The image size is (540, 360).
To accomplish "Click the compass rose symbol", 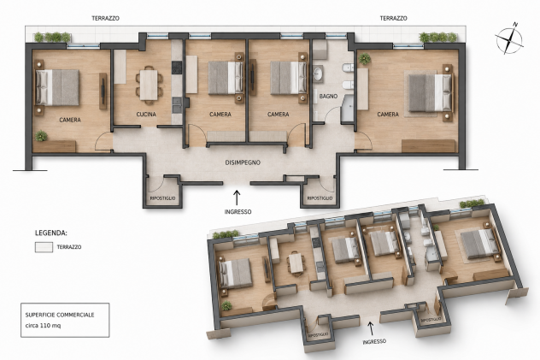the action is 509,38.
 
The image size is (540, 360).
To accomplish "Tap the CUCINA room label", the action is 146,114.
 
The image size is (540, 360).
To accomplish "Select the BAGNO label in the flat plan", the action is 328,97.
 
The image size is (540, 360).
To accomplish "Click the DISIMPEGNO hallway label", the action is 243,162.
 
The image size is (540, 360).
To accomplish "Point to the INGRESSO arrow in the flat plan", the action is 237,198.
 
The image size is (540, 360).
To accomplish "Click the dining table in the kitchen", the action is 149,85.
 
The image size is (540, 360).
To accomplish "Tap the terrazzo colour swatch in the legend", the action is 44,247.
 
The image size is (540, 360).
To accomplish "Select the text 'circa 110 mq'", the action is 43,326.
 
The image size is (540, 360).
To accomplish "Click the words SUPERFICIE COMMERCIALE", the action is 60,315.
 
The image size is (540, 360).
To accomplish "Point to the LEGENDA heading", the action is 51,233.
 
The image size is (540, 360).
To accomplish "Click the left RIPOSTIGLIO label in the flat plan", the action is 162,198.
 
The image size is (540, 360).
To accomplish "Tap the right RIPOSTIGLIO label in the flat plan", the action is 320,198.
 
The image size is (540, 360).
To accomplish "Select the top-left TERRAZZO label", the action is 105,18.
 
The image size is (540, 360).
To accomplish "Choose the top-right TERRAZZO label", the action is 393,18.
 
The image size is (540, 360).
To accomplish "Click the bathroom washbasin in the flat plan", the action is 318,74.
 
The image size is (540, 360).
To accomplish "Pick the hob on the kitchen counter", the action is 177,68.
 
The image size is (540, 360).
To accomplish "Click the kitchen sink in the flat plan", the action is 177,104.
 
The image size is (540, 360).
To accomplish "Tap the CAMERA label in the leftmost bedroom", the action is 70,120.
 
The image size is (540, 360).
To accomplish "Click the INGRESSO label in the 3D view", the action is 374,341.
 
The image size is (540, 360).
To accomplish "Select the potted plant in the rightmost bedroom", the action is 364,59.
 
